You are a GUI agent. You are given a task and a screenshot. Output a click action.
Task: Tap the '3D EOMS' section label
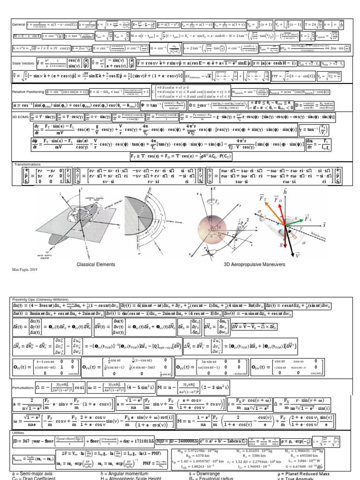pyautogui.click(x=20, y=114)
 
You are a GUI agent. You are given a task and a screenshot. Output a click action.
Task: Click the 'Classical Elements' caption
pyautogui.click(x=96, y=264)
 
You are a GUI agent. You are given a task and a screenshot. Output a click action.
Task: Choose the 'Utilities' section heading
pyautogui.click(x=19, y=433)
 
